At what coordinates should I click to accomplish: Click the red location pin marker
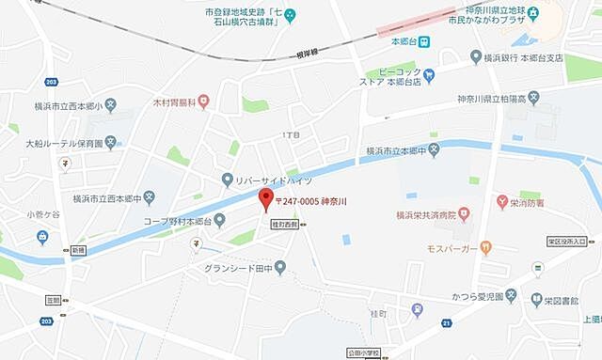[x=266, y=199]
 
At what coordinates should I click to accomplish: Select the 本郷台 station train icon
[x=425, y=41]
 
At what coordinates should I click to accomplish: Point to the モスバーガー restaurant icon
[x=485, y=249]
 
